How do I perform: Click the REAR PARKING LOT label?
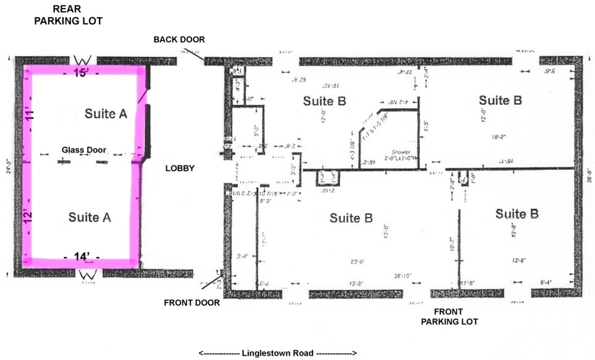click(x=68, y=15)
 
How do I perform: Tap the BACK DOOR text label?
click(x=179, y=40)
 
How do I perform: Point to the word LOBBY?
click(x=180, y=168)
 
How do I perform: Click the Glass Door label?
click(x=84, y=150)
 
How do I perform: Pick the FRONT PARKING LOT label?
click(x=449, y=317)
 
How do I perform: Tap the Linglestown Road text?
click(x=277, y=353)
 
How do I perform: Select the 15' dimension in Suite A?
click(x=82, y=72)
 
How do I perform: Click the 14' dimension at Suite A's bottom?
click(x=82, y=256)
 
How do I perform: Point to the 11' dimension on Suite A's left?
click(x=29, y=115)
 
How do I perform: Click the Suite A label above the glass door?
click(x=106, y=113)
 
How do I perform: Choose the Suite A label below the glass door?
click(x=90, y=217)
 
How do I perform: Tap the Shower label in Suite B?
click(x=401, y=152)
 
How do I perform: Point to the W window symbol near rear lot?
click(x=82, y=59)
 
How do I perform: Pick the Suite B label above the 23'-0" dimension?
click(x=351, y=218)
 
